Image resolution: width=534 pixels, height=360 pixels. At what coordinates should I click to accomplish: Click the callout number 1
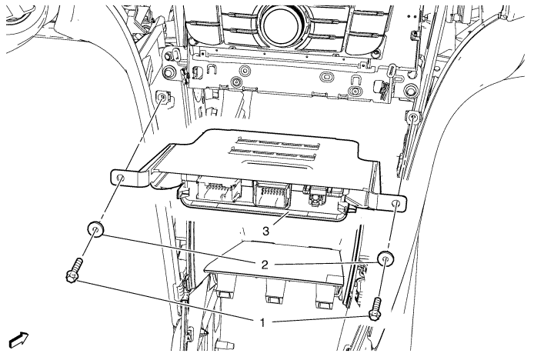click(262, 322)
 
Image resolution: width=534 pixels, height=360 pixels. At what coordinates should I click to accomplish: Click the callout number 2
click(265, 264)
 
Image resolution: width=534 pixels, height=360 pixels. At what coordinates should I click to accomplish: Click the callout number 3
click(265, 232)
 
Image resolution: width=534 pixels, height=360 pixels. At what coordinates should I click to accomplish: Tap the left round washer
click(95, 229)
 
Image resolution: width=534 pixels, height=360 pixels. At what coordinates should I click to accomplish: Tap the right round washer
click(386, 259)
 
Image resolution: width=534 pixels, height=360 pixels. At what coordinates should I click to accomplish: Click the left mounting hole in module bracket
click(120, 178)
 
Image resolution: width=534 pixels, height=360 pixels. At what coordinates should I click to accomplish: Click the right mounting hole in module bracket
click(396, 204)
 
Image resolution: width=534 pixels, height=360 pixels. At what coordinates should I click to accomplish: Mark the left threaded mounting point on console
click(163, 98)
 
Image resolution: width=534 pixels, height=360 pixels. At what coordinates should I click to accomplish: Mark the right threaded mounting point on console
click(412, 117)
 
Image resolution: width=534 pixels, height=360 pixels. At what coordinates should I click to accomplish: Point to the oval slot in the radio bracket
click(328, 76)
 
